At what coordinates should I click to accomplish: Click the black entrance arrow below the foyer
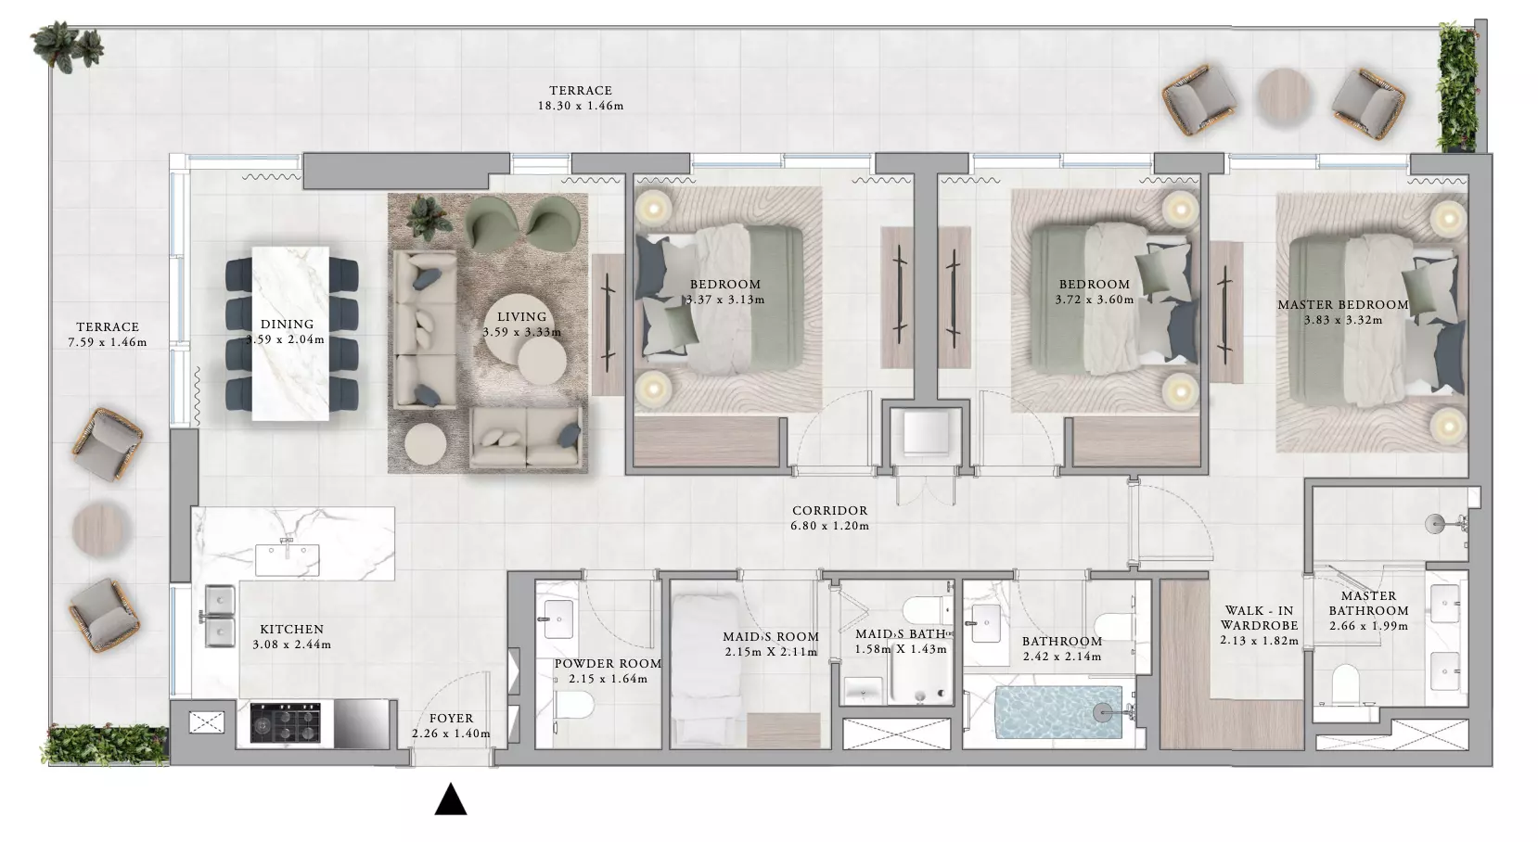pyautogui.click(x=451, y=799)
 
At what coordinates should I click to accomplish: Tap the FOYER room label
pyautogui.click(x=451, y=718)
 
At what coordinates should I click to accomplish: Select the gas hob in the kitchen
pyautogui.click(x=285, y=722)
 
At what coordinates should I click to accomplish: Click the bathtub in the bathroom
pyautogui.click(x=1058, y=712)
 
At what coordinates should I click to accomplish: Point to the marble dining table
pyautogui.click(x=290, y=334)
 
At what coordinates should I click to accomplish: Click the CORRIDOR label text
pyautogui.click(x=829, y=511)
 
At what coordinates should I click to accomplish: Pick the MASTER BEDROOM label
pyautogui.click(x=1343, y=305)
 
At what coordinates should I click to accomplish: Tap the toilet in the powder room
pyautogui.click(x=575, y=705)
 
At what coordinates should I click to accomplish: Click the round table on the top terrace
pyautogui.click(x=1284, y=97)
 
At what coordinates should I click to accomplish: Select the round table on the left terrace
pyautogui.click(x=100, y=529)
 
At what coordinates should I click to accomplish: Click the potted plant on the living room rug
pyautogui.click(x=429, y=217)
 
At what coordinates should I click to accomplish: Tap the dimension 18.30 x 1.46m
pyautogui.click(x=581, y=107)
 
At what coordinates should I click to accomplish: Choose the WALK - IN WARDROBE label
pyautogui.click(x=1259, y=618)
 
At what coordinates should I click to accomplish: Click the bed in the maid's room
pyautogui.click(x=706, y=670)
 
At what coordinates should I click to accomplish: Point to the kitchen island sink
pyautogui.click(x=287, y=559)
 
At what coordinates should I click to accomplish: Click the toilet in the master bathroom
pyautogui.click(x=1345, y=683)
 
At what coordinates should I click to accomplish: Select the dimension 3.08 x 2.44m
pyautogui.click(x=292, y=645)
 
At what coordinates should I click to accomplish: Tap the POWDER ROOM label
pyautogui.click(x=608, y=664)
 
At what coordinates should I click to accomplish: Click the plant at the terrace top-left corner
pyautogui.click(x=68, y=46)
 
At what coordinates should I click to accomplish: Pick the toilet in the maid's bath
pyautogui.click(x=928, y=612)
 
